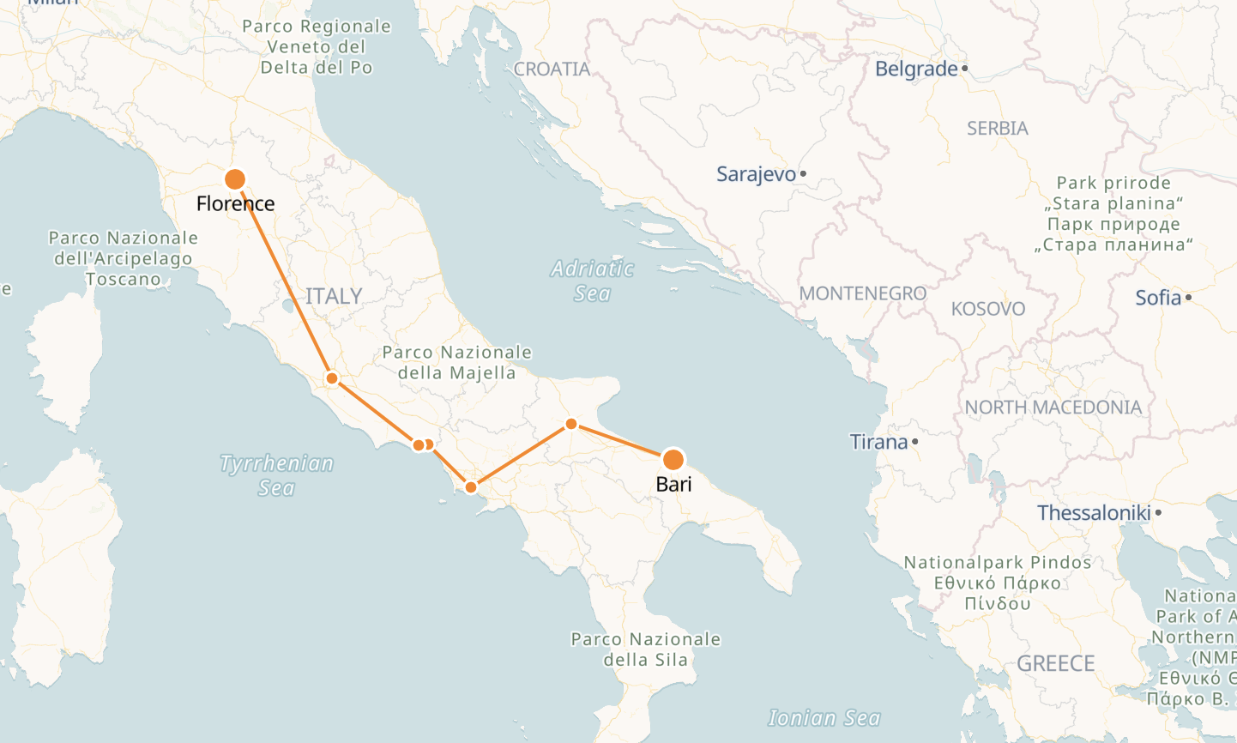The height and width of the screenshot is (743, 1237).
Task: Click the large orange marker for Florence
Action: (235, 179)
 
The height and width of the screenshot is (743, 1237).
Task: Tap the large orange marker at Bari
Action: (673, 459)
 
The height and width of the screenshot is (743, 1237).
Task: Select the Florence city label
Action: (235, 203)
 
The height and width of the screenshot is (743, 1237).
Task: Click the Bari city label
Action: (673, 484)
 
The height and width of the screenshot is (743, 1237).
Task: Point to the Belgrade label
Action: (915, 69)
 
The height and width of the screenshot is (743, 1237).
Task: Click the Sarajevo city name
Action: (756, 174)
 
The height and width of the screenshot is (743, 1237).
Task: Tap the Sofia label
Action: (1158, 298)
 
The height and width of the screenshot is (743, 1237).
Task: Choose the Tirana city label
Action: (878, 442)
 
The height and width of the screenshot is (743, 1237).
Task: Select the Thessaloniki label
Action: (1094, 513)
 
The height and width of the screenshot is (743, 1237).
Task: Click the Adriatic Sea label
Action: (592, 281)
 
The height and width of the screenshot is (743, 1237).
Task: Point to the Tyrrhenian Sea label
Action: (276, 475)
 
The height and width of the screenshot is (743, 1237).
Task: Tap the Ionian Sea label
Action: (824, 718)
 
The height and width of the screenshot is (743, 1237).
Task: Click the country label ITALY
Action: (334, 296)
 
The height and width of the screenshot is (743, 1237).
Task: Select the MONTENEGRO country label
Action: (862, 293)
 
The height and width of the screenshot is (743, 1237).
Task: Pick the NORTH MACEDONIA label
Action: (1053, 408)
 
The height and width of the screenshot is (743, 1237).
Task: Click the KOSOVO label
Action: (987, 309)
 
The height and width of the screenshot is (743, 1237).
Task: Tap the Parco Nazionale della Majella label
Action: (456, 362)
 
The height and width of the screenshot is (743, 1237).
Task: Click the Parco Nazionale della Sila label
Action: (645, 649)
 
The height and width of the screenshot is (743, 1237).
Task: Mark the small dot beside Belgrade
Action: (965, 68)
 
